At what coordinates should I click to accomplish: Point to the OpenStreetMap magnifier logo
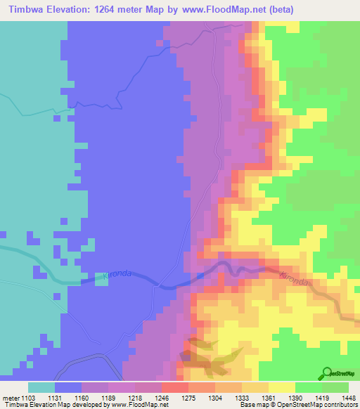tap(327, 372)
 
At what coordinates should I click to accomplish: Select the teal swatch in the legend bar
tap(41, 387)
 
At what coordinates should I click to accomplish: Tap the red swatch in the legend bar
tap(175, 387)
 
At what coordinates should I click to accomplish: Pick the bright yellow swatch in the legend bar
tap(282, 387)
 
